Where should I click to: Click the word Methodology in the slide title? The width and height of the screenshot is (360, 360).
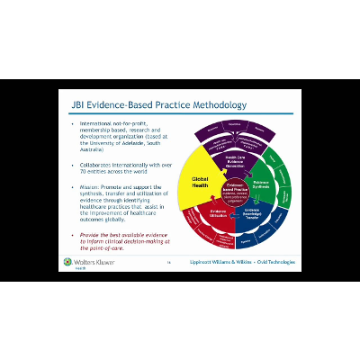pyautogui.click(x=212, y=105)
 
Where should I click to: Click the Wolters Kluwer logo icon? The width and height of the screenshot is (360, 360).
pyautogui.click(x=67, y=262)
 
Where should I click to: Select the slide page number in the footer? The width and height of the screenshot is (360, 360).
pyautogui.click(x=168, y=263)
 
